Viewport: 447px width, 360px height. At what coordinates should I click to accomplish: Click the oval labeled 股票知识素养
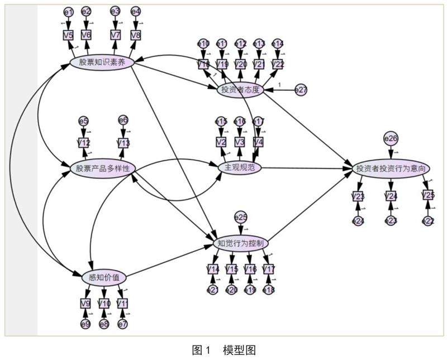tap(102, 62)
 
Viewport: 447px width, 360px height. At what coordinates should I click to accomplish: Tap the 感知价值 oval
tap(104, 277)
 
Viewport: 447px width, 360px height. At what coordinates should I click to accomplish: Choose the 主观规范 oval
tap(239, 167)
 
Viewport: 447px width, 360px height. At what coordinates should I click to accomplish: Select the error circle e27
tap(301, 90)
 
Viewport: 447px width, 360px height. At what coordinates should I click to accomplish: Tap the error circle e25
tap(241, 217)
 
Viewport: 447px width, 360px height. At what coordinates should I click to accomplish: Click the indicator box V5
tap(68, 35)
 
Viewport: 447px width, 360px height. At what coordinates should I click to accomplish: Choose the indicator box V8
tap(136, 35)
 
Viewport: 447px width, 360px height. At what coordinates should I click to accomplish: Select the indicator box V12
tap(84, 143)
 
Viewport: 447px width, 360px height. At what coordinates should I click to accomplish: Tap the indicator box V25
tap(428, 195)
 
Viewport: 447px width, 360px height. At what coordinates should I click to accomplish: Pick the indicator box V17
tap(269, 270)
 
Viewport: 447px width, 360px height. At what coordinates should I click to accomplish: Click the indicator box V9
tap(85, 304)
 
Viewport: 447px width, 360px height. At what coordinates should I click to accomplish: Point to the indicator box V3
tap(240, 142)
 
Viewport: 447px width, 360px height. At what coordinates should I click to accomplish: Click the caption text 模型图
tap(239, 350)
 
